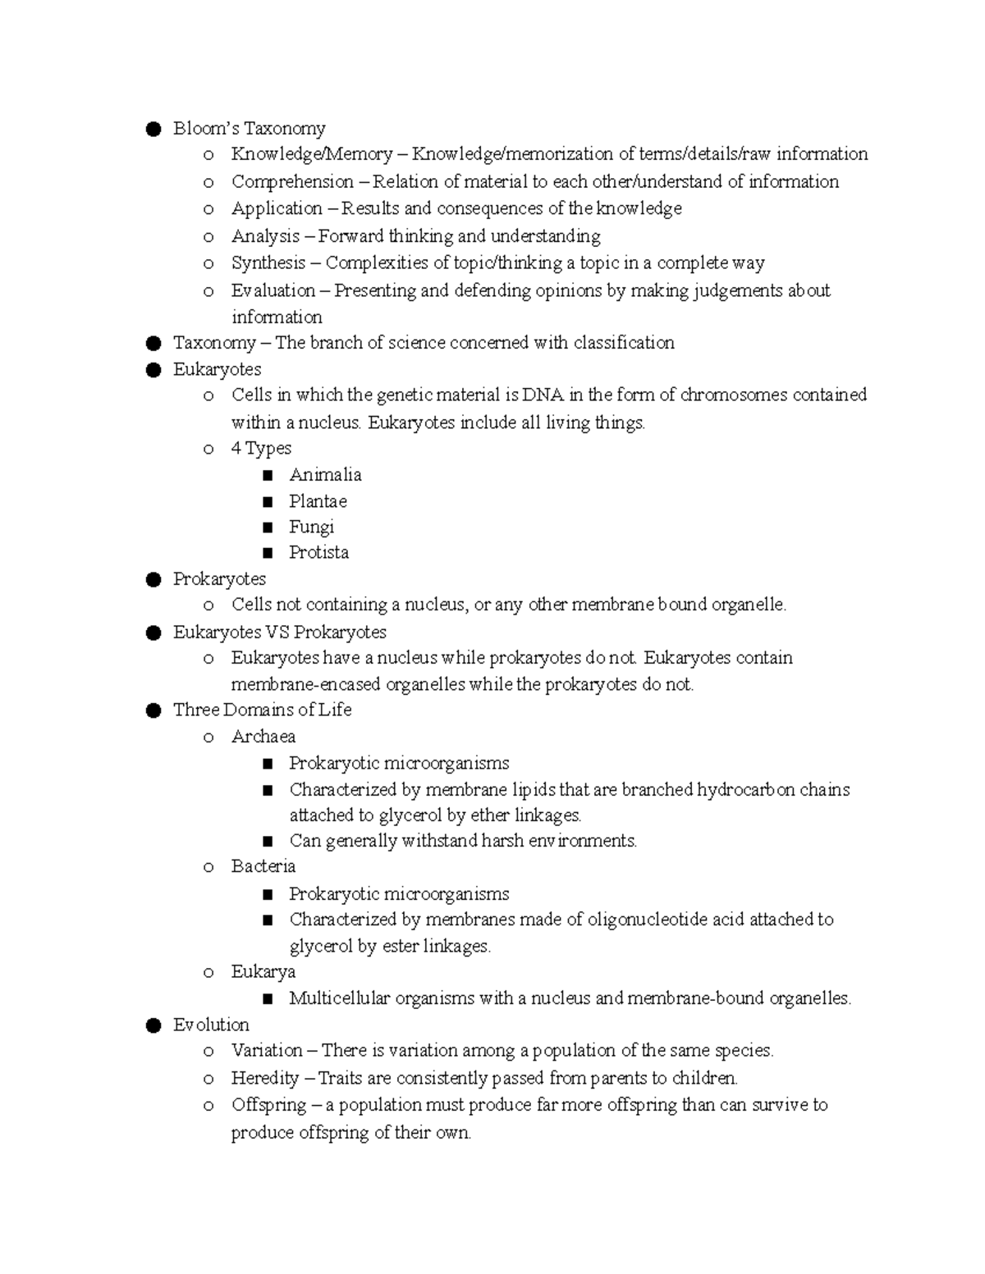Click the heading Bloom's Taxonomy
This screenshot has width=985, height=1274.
click(x=249, y=128)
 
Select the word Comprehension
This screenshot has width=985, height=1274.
click(x=292, y=181)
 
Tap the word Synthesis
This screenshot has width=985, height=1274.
click(x=268, y=263)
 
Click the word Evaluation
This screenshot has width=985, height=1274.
click(x=273, y=290)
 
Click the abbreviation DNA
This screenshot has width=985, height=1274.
click(x=543, y=395)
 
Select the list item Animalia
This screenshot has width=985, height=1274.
click(x=325, y=475)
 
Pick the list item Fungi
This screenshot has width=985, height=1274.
click(x=311, y=527)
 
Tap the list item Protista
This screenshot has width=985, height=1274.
click(x=318, y=552)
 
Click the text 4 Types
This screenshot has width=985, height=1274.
click(x=261, y=448)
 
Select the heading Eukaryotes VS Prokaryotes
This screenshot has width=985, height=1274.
click(x=279, y=632)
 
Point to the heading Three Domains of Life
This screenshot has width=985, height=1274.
click(x=262, y=710)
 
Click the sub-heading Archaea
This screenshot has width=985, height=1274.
click(x=263, y=737)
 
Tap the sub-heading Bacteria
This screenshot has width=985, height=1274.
click(x=263, y=866)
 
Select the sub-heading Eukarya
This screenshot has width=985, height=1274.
click(x=263, y=972)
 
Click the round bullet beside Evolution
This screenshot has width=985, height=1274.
click(x=152, y=1025)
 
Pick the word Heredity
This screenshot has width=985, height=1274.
click(x=264, y=1078)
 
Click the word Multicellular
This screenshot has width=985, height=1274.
click(x=340, y=998)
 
